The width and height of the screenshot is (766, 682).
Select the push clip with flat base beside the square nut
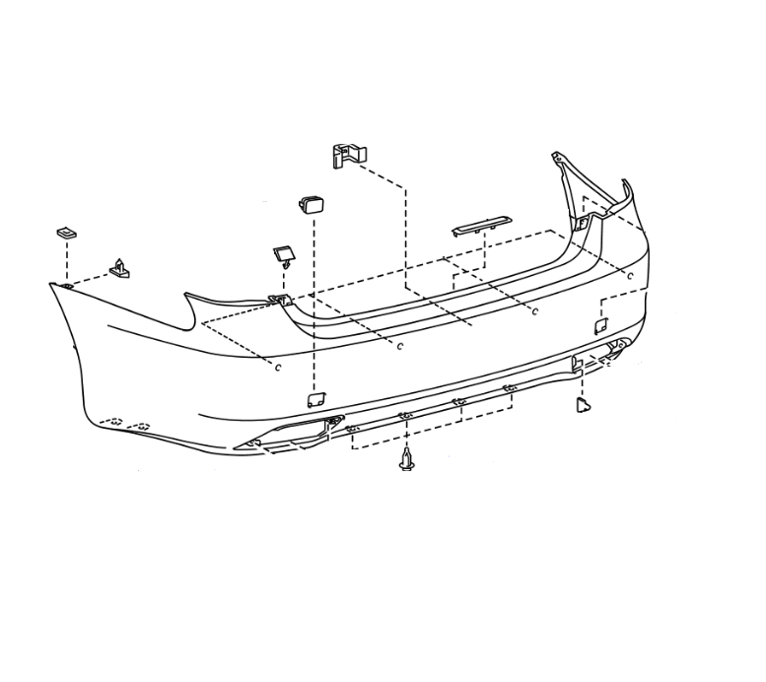tap(119, 268)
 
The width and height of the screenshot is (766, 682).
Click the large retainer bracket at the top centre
tap(347, 155)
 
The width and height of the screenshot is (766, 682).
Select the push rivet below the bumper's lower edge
tap(405, 460)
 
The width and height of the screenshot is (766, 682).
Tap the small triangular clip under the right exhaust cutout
tap(582, 404)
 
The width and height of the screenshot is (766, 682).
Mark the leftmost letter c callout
tap(278, 367)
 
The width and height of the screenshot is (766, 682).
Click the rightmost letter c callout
tap(631, 275)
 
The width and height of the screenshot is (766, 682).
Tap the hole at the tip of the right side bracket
tap(557, 155)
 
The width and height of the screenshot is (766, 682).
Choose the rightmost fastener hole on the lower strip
tap(510, 390)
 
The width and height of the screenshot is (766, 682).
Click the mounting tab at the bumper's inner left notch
tap(277, 300)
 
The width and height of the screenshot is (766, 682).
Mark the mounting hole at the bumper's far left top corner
tap(63, 285)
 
